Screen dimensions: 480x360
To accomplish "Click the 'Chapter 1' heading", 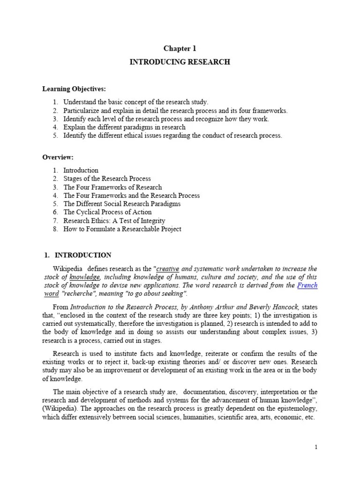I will click(180, 48).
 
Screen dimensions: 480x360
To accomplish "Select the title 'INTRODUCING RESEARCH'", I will click(180, 62).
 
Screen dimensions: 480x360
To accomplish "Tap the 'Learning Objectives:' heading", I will click(75, 89).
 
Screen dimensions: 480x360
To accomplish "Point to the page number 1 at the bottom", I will click(316, 447).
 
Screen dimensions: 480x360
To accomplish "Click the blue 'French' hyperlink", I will click(307, 285).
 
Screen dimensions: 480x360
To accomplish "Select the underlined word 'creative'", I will click(167, 269).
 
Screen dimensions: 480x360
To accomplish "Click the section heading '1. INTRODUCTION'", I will click(77, 255).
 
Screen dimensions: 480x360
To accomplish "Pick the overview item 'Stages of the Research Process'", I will click(107, 179).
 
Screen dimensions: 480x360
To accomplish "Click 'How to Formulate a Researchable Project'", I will click(122, 229).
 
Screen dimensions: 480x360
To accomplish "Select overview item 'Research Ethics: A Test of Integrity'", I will click(114, 221).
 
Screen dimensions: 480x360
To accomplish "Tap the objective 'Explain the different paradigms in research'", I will click(124, 127).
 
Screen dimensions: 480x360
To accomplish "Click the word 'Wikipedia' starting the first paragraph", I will click(67, 269).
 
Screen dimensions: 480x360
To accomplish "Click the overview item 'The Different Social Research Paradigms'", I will click(122, 204).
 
